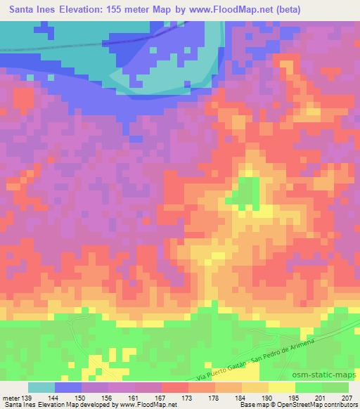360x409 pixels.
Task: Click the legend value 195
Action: coord(295,397)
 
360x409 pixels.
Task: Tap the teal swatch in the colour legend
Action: coord(41,387)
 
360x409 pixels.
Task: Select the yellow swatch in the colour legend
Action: coord(282,387)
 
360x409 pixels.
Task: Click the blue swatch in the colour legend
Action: coord(68,387)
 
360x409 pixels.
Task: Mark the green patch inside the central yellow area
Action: coord(245,191)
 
